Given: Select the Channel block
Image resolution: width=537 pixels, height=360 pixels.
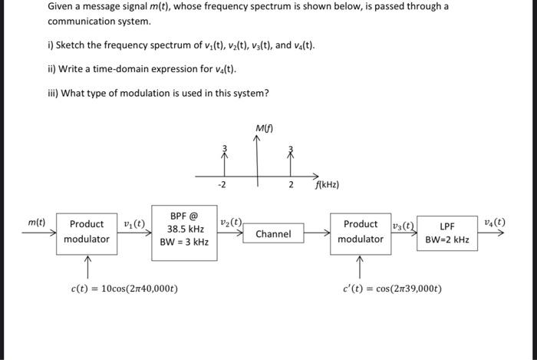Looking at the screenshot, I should (272, 233).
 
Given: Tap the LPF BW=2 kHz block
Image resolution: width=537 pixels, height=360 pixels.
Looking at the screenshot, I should (448, 232).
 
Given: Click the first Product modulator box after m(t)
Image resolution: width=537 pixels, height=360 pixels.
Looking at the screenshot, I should (86, 231).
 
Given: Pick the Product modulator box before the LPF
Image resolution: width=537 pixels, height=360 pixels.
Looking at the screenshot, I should (360, 231).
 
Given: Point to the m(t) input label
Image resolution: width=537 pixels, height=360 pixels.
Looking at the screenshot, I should (36, 223).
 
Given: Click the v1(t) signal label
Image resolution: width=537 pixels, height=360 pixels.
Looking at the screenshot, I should (133, 223).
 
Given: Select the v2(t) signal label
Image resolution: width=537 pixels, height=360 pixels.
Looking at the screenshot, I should (231, 223).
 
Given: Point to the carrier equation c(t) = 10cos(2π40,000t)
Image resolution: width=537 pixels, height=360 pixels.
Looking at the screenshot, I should (124, 289).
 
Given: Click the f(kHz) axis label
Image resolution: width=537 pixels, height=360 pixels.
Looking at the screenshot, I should (327, 185).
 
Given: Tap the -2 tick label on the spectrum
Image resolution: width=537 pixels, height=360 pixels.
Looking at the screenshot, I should (222, 185).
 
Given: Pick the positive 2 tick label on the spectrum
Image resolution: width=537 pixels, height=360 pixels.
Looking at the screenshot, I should (291, 185).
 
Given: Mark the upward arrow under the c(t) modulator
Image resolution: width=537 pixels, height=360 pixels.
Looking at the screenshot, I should (87, 266).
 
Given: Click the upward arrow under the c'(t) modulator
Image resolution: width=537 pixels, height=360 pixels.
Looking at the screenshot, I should (359, 266).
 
